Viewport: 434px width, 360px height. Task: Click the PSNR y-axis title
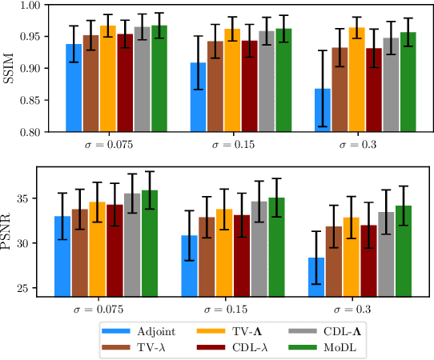tap(10, 233)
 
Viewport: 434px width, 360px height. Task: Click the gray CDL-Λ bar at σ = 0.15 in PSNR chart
tap(259, 248)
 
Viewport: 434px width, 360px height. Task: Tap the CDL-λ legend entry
tap(240, 346)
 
